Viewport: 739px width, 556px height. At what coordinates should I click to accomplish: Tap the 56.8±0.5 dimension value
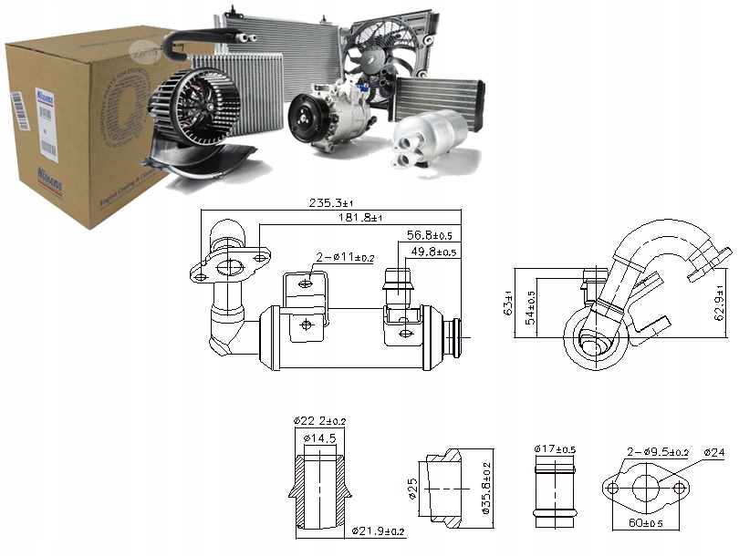click(x=431, y=233)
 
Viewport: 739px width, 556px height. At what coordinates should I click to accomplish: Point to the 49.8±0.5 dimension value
click(x=431, y=252)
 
